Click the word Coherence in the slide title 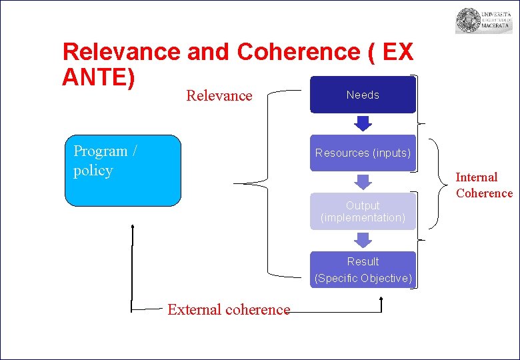299,52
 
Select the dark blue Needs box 363,95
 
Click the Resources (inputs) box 363,153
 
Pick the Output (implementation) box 363,211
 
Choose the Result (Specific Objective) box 363,270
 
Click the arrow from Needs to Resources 363,123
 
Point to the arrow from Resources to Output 363,181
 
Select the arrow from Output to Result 363,240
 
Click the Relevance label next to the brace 219,96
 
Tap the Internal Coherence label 484,185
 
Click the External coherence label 229,309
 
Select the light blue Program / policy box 123,171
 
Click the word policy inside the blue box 93,171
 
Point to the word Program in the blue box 101,151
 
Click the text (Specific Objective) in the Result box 363,278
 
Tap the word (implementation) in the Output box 363,218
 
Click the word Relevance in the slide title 121,52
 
